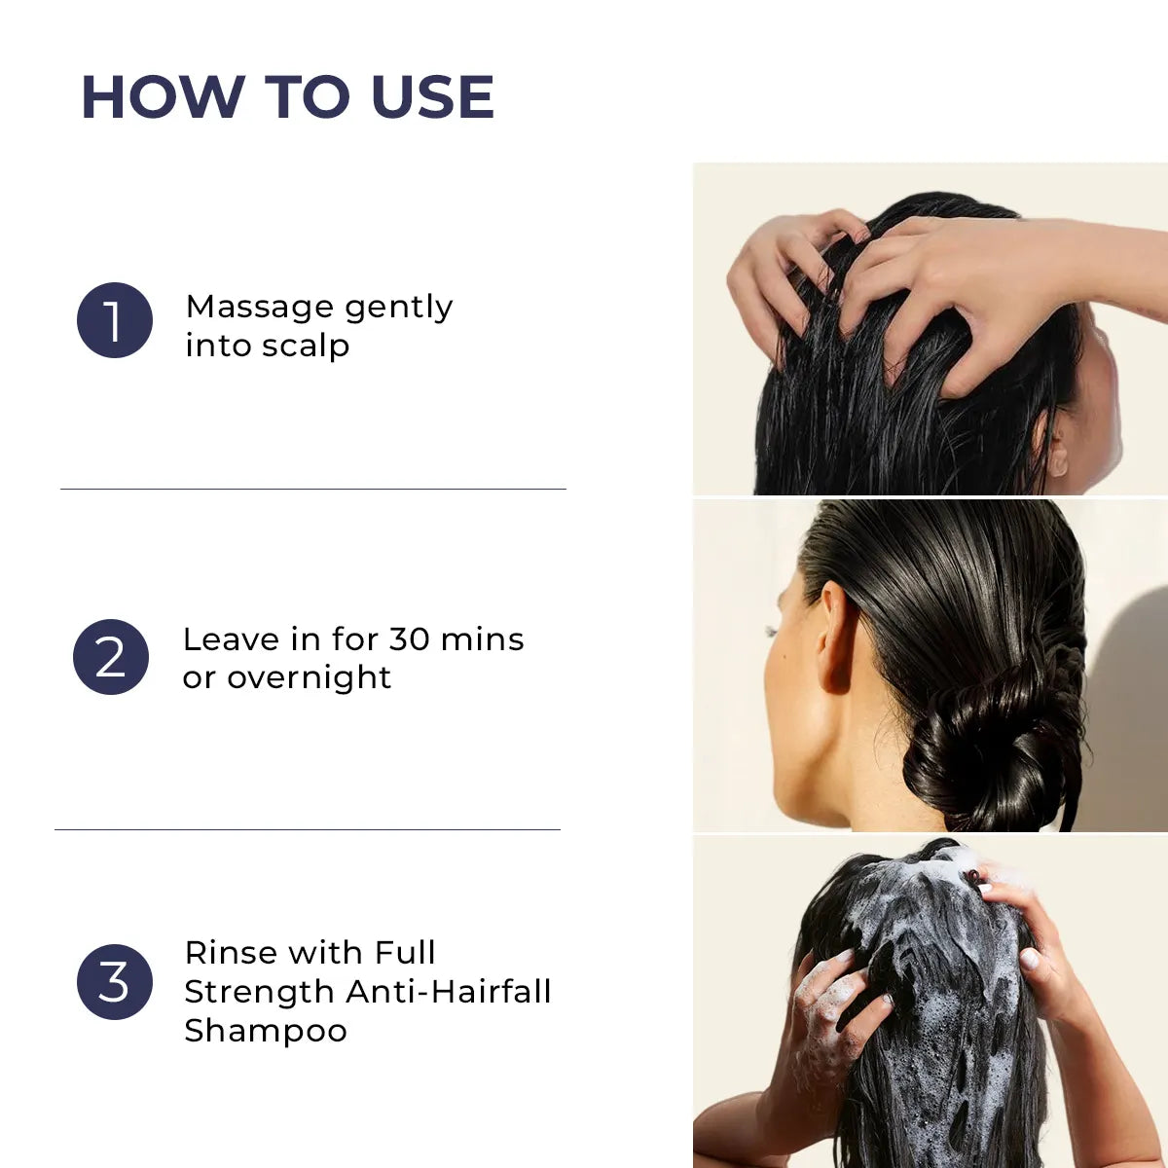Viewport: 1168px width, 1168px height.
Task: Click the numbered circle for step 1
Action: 115,320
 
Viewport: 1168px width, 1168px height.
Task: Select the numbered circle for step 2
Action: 111,657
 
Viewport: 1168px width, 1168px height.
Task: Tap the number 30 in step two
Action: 409,639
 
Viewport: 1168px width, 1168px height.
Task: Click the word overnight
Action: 309,677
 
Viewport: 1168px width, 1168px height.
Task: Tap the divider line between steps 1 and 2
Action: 312,489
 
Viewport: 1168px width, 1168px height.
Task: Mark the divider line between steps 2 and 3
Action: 308,829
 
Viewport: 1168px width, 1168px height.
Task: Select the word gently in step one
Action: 399,309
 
